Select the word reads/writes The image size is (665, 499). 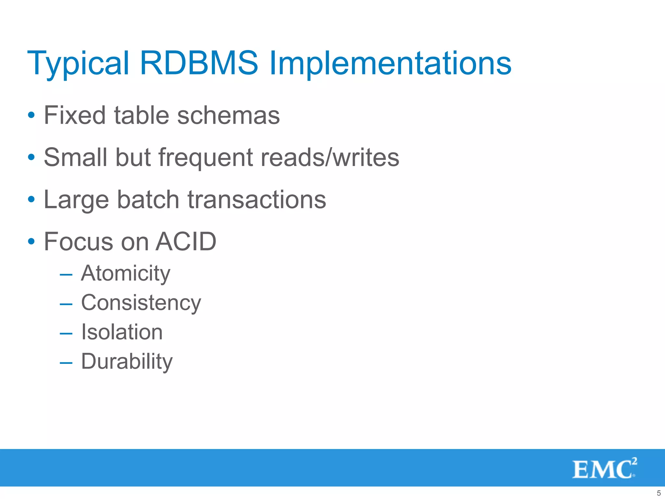pos(330,158)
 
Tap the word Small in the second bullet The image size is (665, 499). pos(75,158)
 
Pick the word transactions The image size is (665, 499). pos(257,199)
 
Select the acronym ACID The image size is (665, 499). pos(186,242)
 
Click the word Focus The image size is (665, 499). pos(79,242)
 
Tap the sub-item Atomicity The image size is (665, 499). pos(126,274)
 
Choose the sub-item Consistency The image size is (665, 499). pos(141,303)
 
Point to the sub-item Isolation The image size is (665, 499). pos(122,332)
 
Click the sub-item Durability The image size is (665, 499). pos(127,362)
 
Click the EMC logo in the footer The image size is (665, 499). pos(604,468)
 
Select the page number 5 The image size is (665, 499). pos(659,493)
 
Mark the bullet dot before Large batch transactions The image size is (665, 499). pos(31,199)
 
